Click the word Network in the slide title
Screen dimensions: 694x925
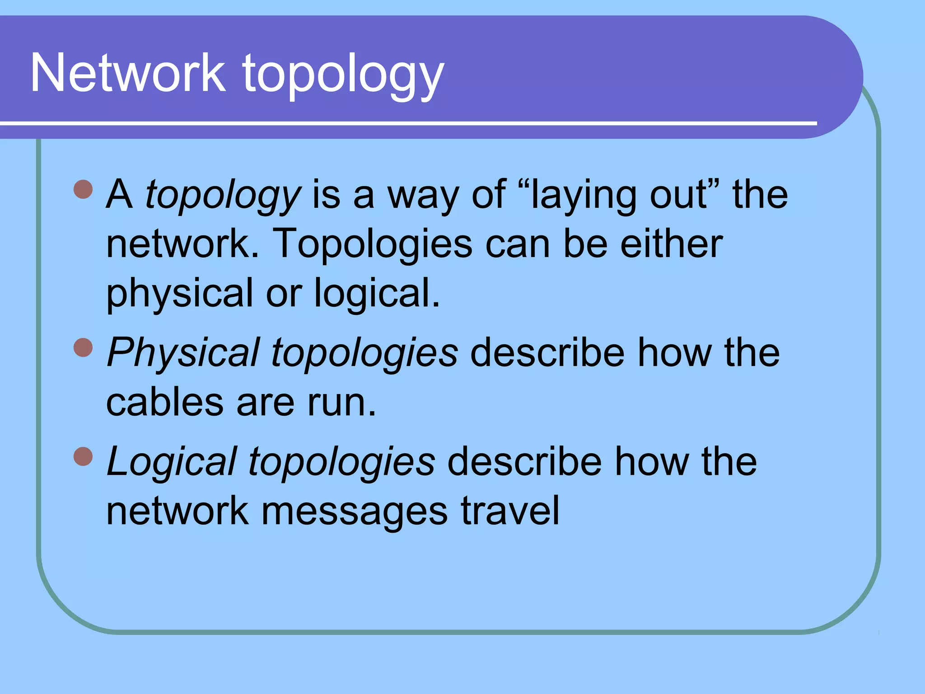pos(128,73)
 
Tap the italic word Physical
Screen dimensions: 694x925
pos(183,353)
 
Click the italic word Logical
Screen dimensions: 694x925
pos(172,462)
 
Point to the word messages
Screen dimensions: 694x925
pos(355,512)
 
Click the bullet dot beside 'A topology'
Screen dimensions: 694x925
pos(83,189)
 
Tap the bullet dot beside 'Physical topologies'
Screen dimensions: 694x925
pos(83,347)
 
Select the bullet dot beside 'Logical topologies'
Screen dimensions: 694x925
pos(83,456)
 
